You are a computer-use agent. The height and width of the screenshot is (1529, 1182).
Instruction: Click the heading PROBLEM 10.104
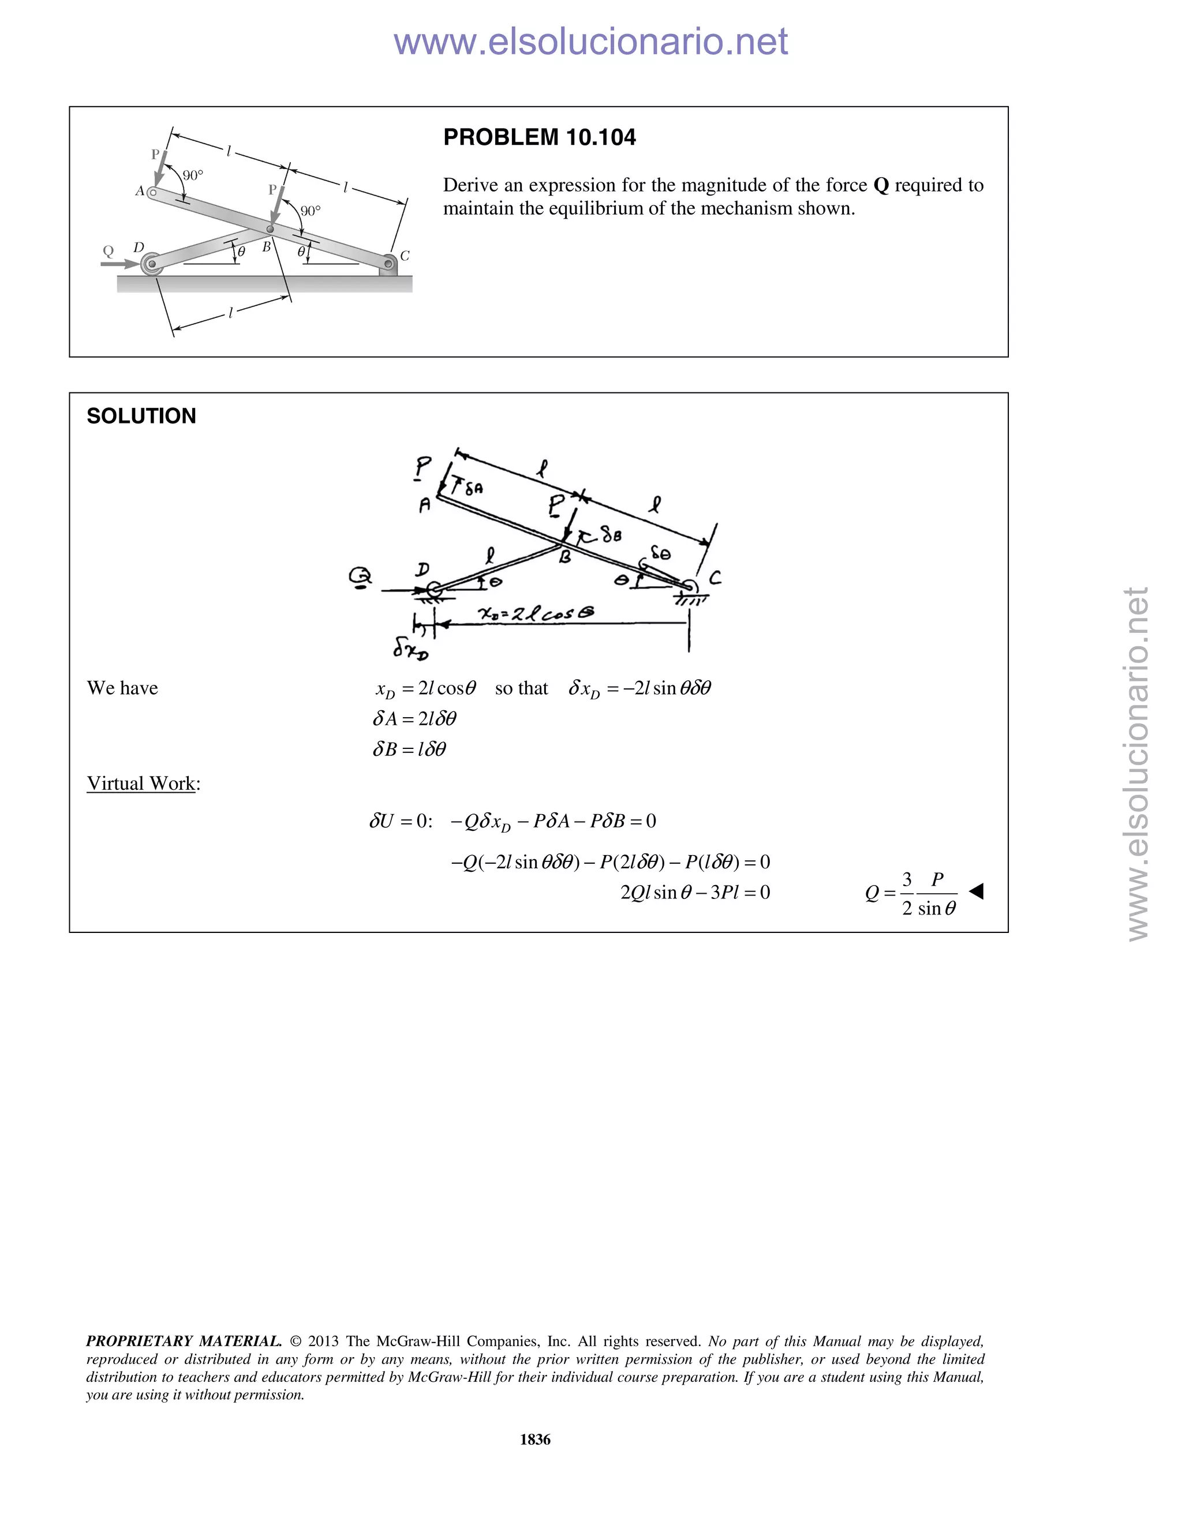click(x=539, y=137)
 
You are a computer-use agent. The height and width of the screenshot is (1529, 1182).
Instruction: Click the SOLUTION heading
click(x=141, y=416)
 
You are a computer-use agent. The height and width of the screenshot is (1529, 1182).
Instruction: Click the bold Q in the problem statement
click(x=881, y=186)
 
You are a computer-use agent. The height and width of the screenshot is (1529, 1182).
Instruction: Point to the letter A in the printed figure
click(x=139, y=190)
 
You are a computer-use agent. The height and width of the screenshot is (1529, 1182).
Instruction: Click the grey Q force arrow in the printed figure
click(x=119, y=264)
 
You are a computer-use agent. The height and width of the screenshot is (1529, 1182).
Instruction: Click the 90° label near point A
click(x=193, y=175)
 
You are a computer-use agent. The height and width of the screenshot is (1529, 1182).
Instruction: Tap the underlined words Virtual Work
click(x=141, y=784)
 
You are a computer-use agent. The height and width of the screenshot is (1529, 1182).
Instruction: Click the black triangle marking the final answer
click(x=976, y=891)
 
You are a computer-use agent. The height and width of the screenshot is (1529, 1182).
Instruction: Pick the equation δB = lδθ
click(x=409, y=750)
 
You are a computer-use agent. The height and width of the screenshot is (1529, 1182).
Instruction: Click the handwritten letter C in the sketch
click(x=715, y=578)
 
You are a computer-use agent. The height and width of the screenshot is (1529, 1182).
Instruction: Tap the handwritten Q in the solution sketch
click(x=361, y=576)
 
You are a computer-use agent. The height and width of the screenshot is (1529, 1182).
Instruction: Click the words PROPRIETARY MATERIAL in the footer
click(x=184, y=1341)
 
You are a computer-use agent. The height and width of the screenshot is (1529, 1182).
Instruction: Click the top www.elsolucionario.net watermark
click(x=590, y=42)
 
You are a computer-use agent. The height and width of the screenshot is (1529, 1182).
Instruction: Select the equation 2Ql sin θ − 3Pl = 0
click(x=695, y=893)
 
